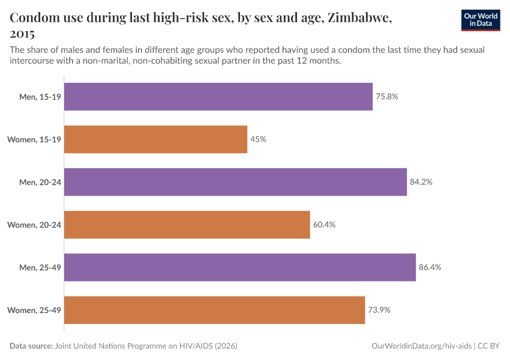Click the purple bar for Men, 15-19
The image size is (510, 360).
coord(218,97)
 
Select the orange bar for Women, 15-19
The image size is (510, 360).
coord(155,139)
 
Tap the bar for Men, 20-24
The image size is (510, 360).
coord(235,182)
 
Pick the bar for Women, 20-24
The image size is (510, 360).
coord(187,224)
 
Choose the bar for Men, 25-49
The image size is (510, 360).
coord(240,267)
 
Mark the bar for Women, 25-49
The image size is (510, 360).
coord(214,310)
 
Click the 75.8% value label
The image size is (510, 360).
coord(387,97)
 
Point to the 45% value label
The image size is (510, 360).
coord(259,139)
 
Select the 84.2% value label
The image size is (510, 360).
coord(421,182)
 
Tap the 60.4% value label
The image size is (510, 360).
coord(324,224)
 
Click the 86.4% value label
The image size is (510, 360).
coord(430,267)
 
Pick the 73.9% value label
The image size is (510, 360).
coord(379,310)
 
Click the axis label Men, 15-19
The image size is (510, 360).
coord(40,97)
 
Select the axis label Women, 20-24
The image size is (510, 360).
coord(34,224)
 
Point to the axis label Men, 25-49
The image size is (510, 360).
coord(40,267)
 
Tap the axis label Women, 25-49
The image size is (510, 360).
coord(34,310)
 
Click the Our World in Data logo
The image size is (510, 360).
coord(481,20)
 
